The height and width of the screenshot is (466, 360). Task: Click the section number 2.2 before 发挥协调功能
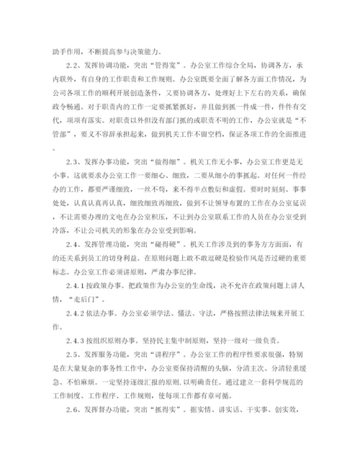tap(70, 64)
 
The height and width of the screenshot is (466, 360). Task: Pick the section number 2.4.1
tap(74, 305)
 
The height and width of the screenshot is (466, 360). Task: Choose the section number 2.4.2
tap(74, 333)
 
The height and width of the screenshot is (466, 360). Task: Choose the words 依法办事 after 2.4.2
tap(104, 333)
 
